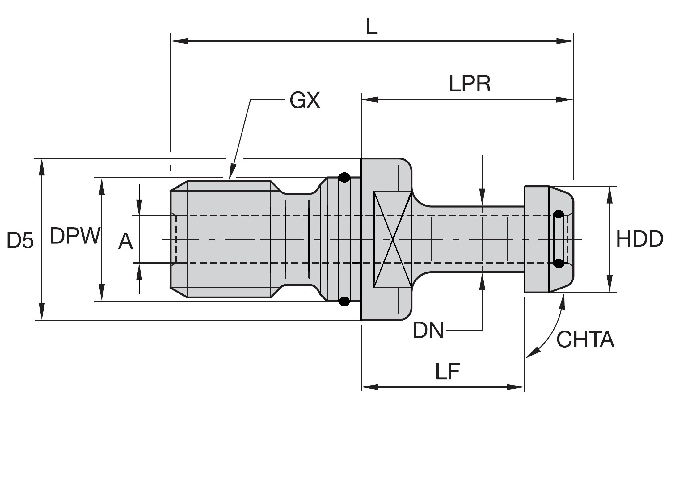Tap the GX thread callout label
click(305, 100)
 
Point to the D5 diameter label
click(20, 240)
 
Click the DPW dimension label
click(75, 236)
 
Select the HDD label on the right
click(639, 239)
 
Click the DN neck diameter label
click(428, 330)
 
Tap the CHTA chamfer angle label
click(585, 339)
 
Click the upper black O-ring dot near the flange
click(344, 178)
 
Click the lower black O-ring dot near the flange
click(344, 301)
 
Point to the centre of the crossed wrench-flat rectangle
click(393, 239)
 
